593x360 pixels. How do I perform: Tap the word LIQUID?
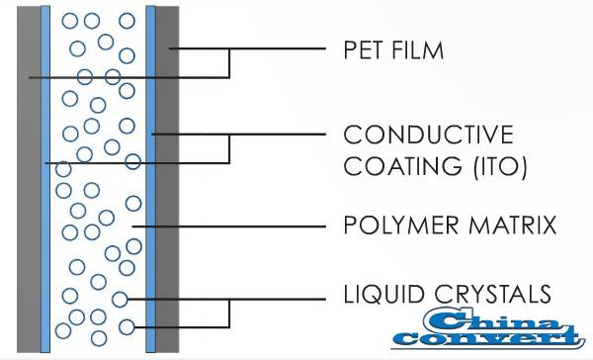[x=377, y=294]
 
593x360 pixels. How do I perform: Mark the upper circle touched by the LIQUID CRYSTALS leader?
[x=121, y=299]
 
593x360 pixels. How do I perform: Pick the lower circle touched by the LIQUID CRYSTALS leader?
[x=126, y=325]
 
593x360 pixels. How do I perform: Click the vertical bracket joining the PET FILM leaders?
[x=229, y=61]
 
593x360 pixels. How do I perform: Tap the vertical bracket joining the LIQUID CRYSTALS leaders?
[x=229, y=312]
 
